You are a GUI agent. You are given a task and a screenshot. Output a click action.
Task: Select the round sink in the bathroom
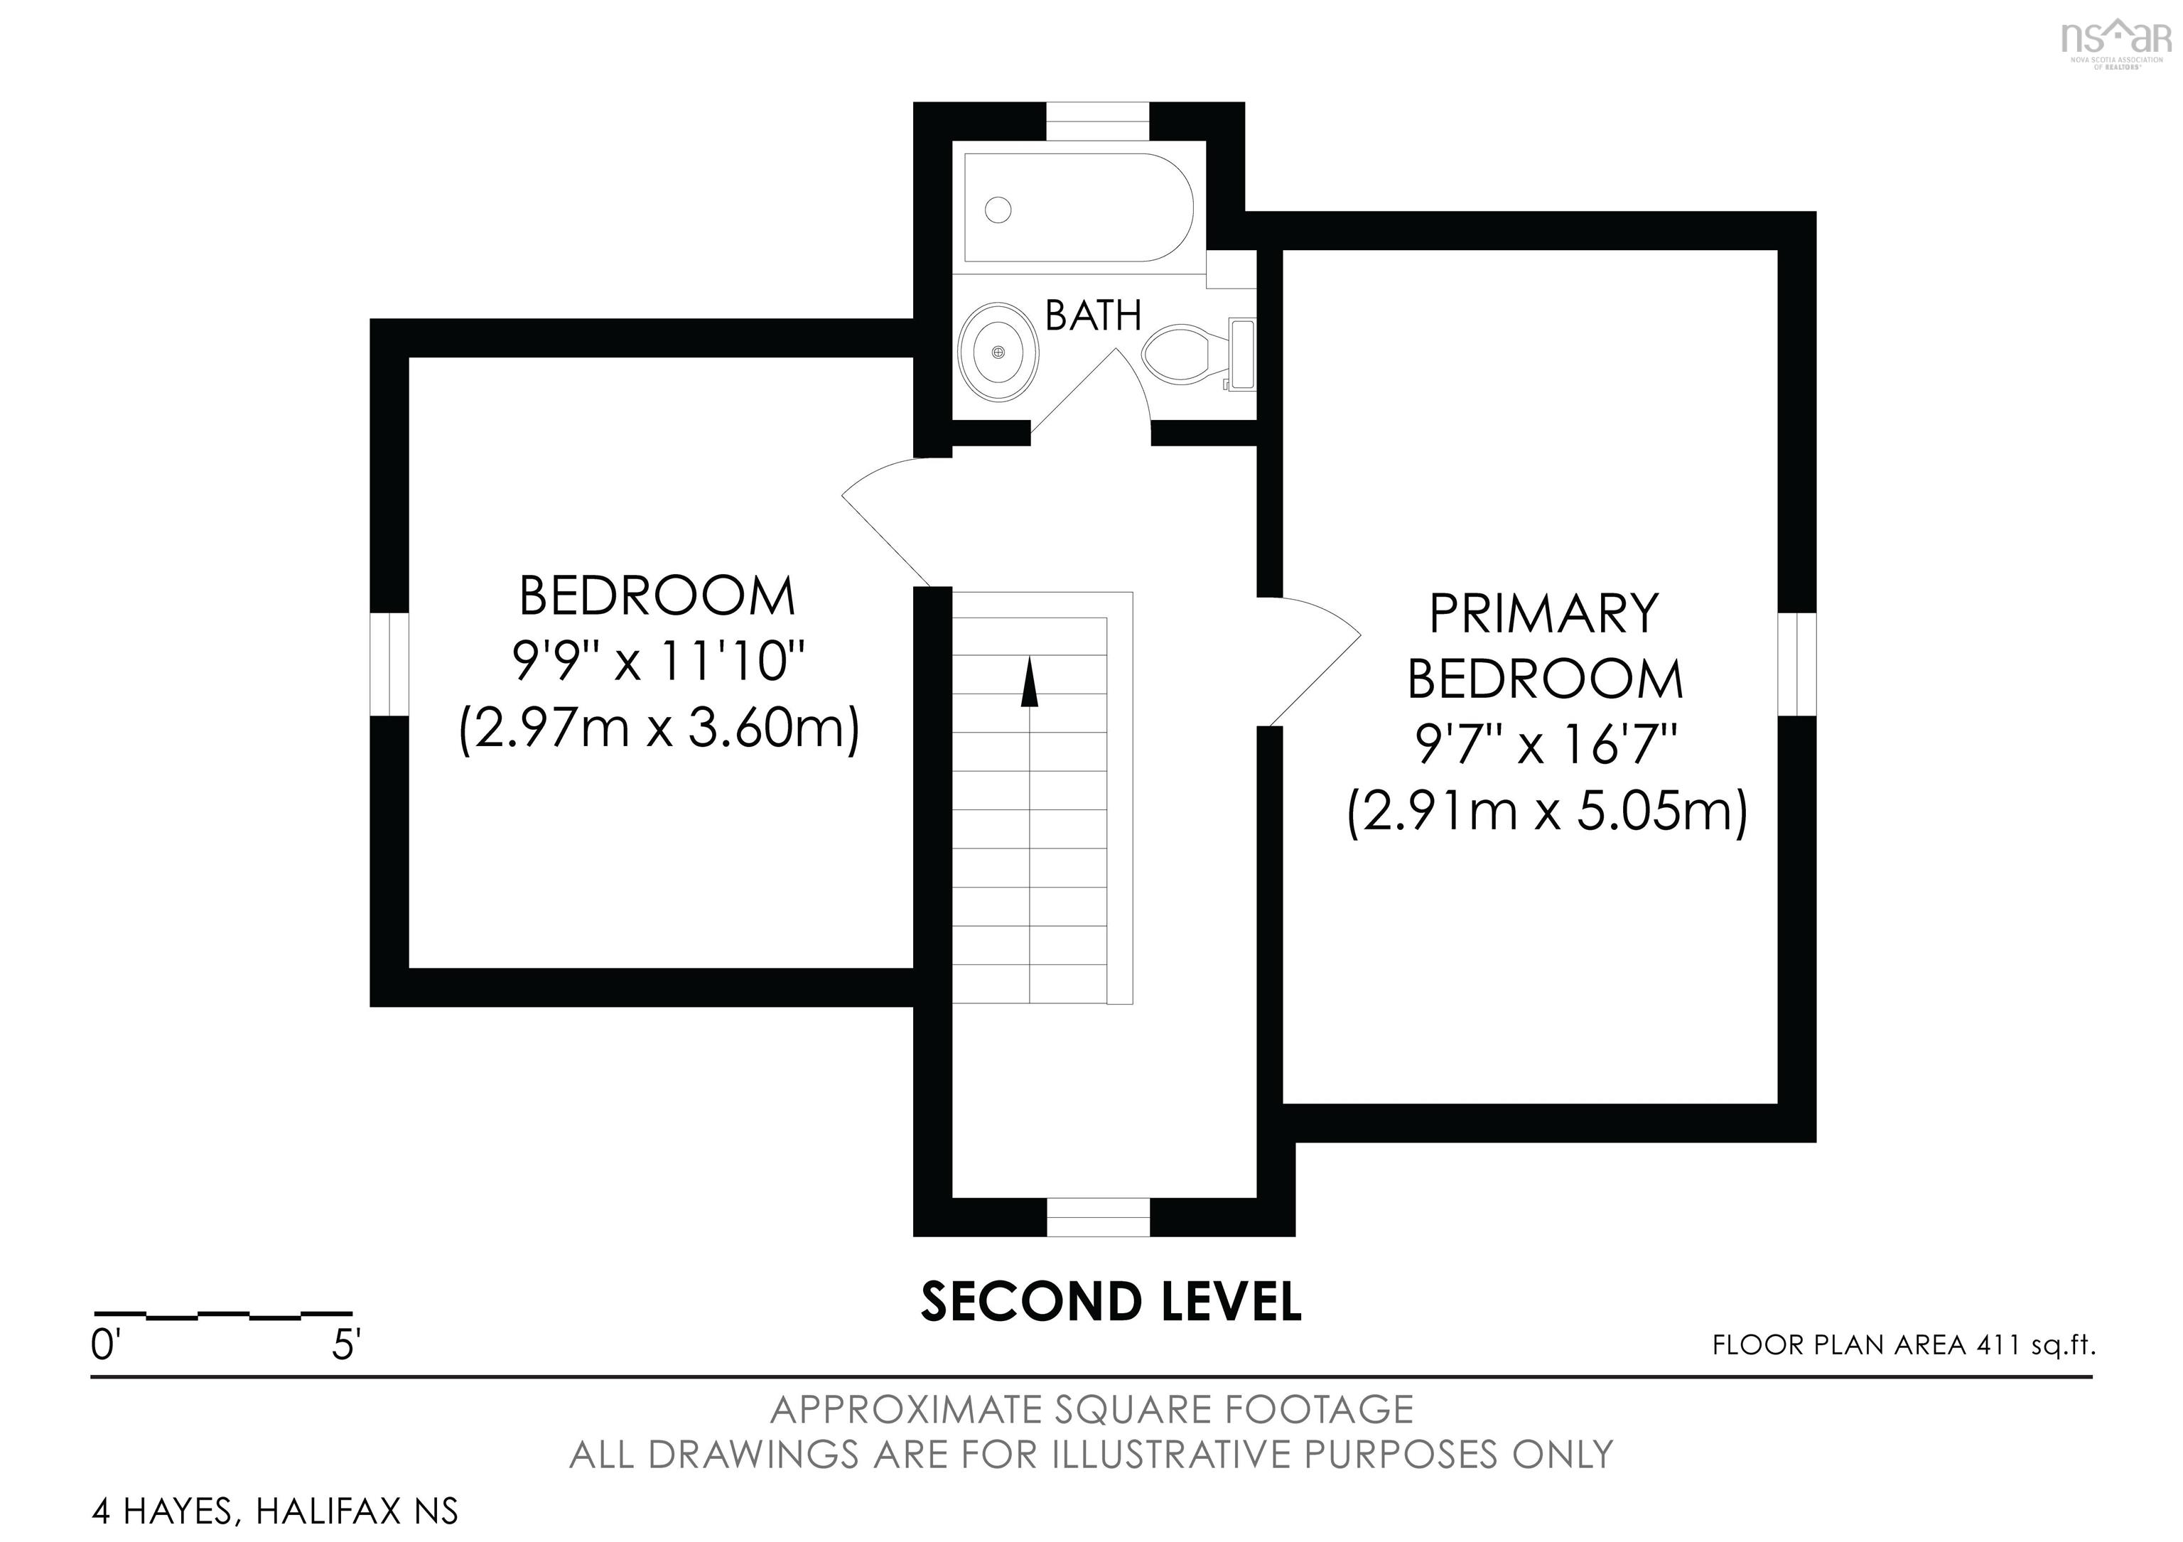click(x=998, y=352)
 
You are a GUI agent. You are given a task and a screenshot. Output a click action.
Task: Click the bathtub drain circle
click(x=998, y=209)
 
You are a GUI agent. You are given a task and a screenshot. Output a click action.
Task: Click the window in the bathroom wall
click(x=1098, y=122)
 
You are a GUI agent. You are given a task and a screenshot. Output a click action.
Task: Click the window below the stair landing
click(x=1098, y=1217)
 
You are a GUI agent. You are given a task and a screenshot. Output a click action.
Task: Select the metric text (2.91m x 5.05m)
click(x=1547, y=813)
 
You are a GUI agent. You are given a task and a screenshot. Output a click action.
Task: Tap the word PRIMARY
click(x=1544, y=614)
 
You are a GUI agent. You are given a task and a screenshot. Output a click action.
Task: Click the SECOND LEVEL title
click(x=1111, y=1303)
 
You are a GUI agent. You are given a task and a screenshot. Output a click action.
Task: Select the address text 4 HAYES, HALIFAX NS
click(x=275, y=1511)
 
